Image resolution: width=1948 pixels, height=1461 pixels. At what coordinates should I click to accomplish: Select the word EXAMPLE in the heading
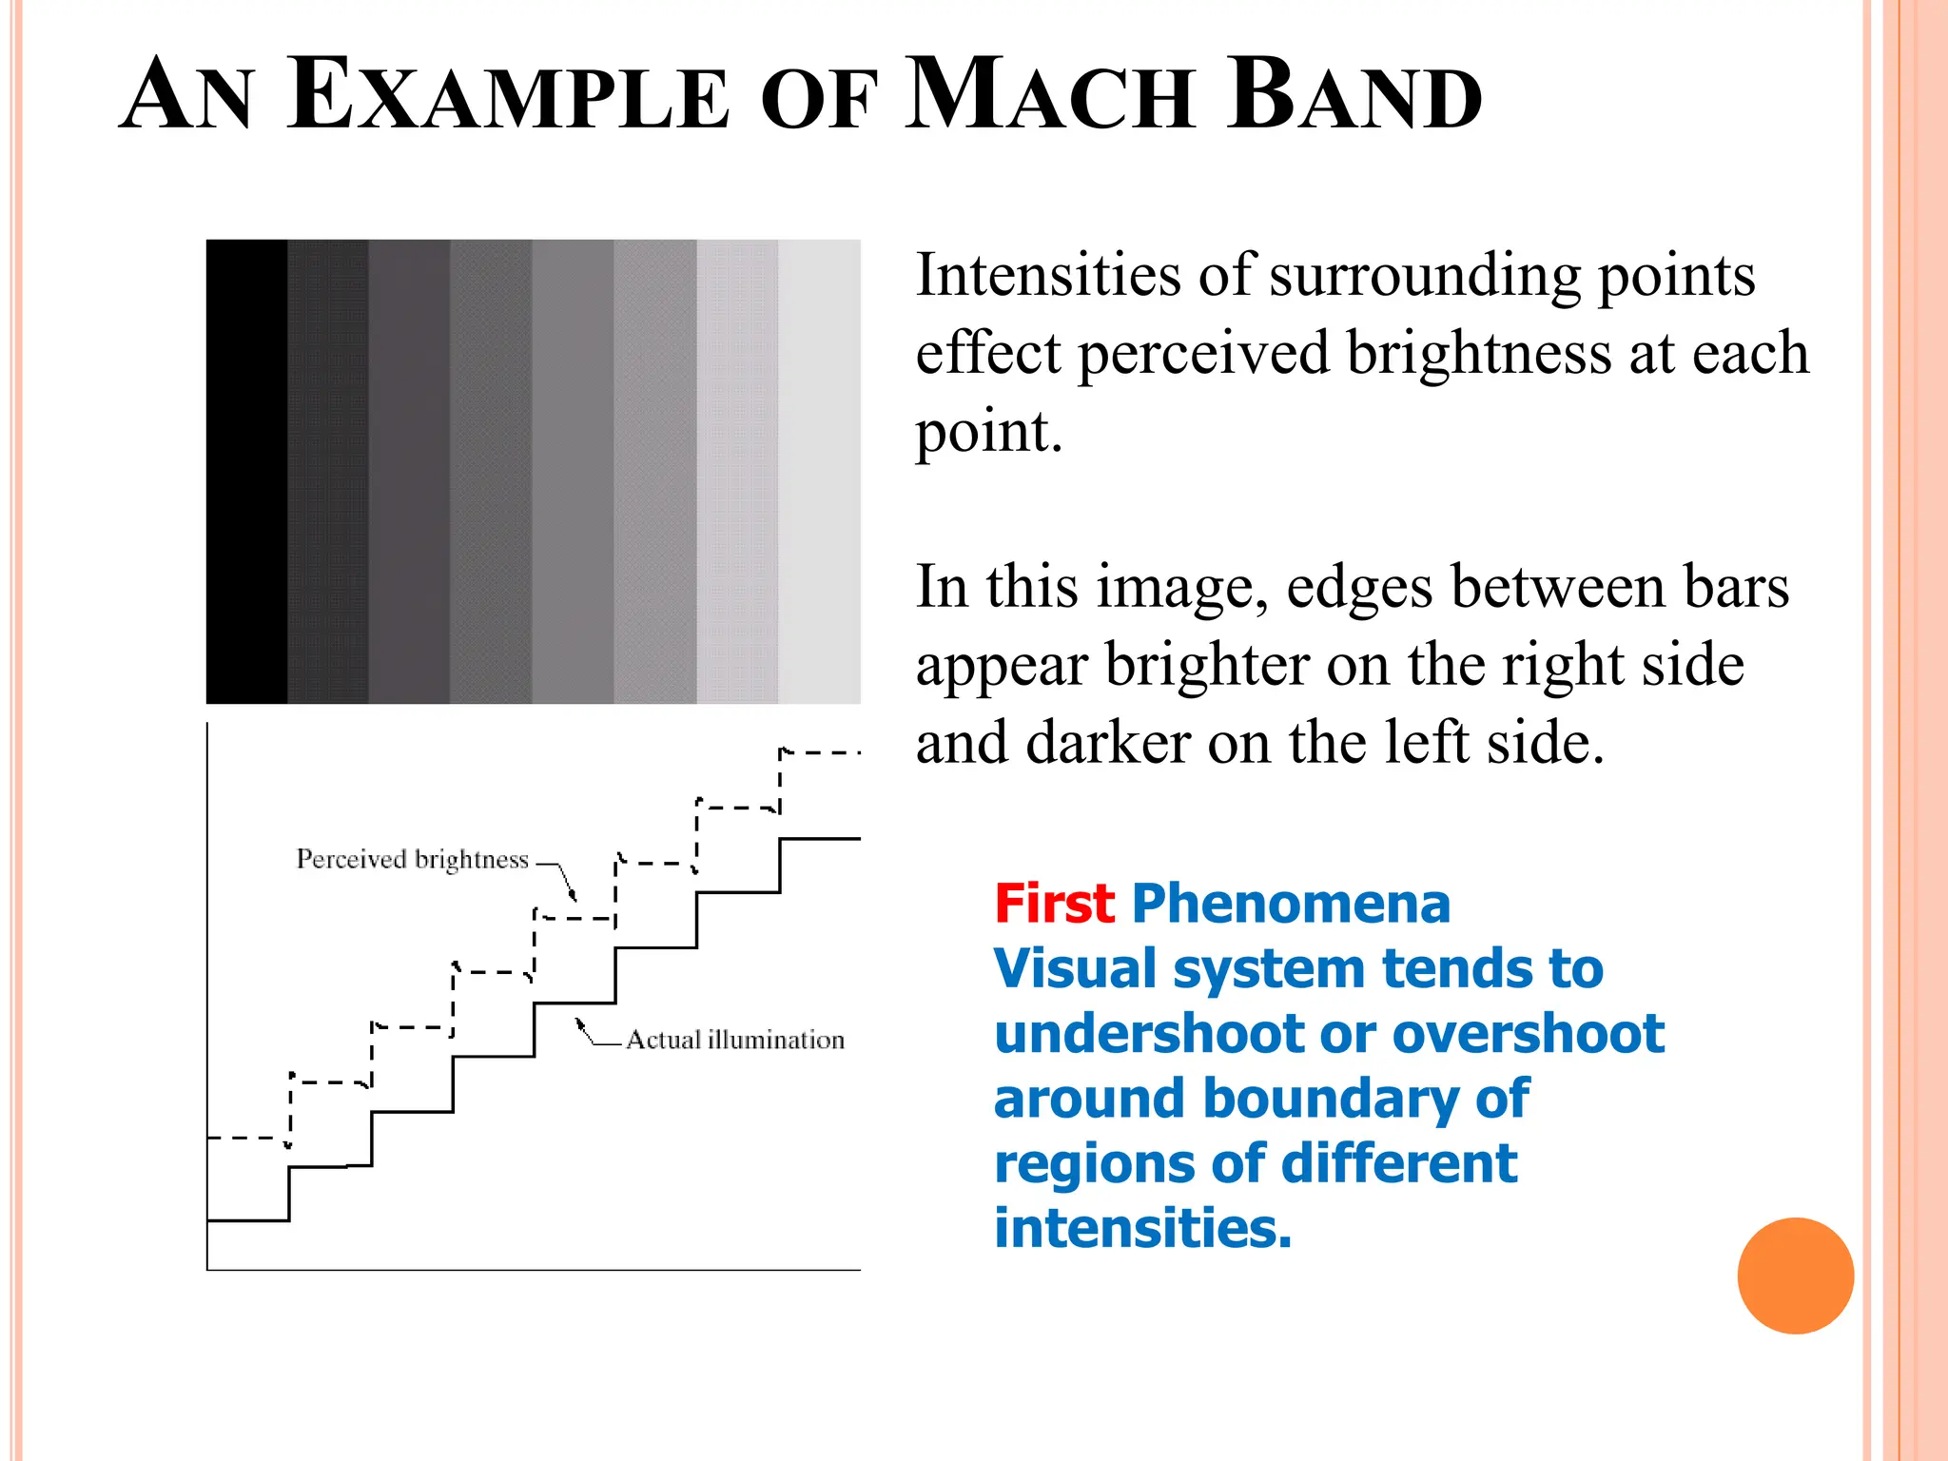coord(509,95)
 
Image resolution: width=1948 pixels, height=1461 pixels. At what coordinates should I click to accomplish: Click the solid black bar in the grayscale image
coord(246,471)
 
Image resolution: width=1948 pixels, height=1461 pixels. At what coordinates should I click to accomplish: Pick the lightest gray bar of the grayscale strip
coord(819,471)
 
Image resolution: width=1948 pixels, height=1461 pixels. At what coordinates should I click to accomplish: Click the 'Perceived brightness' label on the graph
coord(412,860)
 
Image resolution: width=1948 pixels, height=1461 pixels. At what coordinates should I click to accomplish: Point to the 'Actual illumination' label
coord(735,1040)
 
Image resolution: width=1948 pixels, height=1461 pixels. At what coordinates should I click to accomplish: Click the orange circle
coord(1795,1276)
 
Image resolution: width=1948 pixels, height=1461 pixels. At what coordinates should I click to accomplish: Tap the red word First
coord(1054,904)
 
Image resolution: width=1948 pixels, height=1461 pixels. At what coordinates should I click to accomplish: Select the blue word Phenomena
coord(1291,904)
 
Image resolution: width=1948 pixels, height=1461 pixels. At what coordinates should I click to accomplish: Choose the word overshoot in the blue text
coord(1529,1034)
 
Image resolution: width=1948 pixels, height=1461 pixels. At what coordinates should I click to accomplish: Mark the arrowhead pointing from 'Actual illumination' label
coord(579,1023)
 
